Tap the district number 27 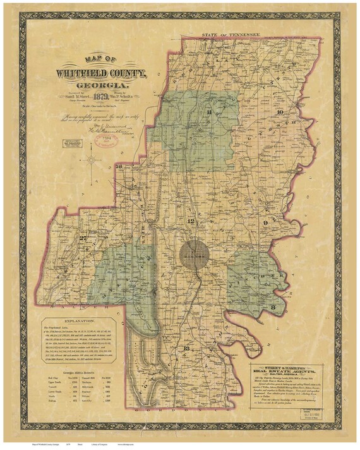(x=82, y=238)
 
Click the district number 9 (x=267, y=223)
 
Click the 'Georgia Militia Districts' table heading (x=73, y=366)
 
